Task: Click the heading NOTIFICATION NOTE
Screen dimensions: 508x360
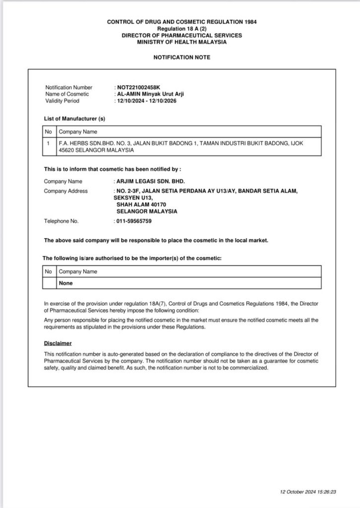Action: (181, 58)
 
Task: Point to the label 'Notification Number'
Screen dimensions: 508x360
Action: (68, 87)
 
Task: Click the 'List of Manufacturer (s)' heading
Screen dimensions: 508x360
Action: (74, 119)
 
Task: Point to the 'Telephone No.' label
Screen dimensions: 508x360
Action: (61, 221)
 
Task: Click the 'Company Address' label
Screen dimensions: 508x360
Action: (66, 191)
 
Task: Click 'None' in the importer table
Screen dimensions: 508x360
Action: (66, 283)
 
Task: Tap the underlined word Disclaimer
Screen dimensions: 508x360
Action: (58, 343)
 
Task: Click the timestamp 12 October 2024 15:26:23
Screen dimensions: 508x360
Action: (308, 493)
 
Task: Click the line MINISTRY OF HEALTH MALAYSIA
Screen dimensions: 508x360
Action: (181, 43)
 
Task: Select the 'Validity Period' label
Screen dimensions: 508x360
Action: (62, 101)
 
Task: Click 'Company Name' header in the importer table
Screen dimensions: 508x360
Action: (78, 272)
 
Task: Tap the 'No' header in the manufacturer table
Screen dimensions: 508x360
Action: (49, 132)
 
